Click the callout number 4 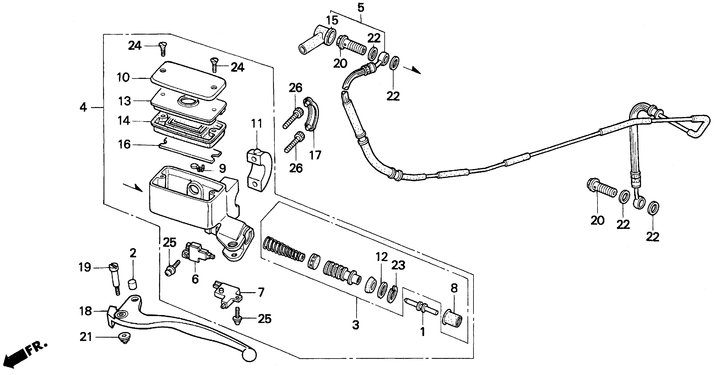83,107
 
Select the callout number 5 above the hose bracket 361,8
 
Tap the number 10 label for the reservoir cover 123,78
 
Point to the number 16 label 124,145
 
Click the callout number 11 257,124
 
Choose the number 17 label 315,155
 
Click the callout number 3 356,324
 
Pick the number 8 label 454,288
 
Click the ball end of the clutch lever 249,355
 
